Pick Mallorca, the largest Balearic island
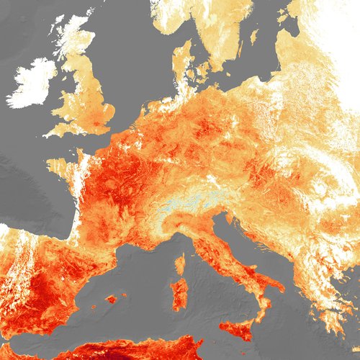coord(110,298)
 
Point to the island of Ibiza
coord(88,312)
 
